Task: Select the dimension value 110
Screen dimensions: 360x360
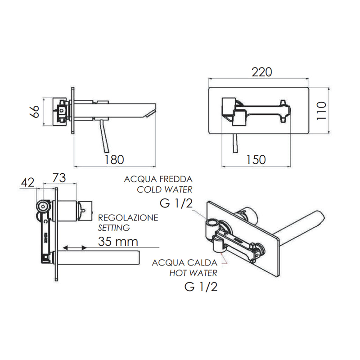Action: [321, 110]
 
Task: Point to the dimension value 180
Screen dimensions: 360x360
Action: [114, 159]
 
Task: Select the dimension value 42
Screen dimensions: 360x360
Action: [28, 183]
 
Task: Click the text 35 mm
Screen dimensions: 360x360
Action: [118, 242]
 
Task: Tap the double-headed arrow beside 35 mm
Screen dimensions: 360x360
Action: [75, 247]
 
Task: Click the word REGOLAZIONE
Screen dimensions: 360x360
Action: [128, 218]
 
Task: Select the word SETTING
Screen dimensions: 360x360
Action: [114, 228]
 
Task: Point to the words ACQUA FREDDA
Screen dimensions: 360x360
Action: [158, 179]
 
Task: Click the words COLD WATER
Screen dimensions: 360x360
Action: [165, 189]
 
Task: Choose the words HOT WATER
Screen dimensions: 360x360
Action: [193, 273]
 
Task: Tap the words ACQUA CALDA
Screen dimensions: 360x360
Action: [185, 262]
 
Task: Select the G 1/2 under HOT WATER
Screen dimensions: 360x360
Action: [201, 286]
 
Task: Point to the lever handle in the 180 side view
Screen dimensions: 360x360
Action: [105, 137]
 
